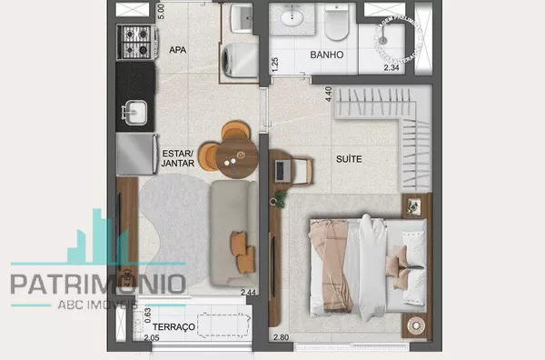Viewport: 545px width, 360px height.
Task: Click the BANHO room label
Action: (326, 55)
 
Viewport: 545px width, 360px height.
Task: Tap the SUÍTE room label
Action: (348, 159)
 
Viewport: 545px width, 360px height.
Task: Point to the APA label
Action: (178, 50)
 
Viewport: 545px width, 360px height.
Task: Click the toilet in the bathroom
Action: (336, 25)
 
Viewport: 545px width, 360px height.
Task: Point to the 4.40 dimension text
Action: (328, 93)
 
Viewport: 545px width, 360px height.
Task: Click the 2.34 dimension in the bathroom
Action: (391, 68)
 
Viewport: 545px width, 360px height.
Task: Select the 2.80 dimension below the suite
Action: (281, 338)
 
